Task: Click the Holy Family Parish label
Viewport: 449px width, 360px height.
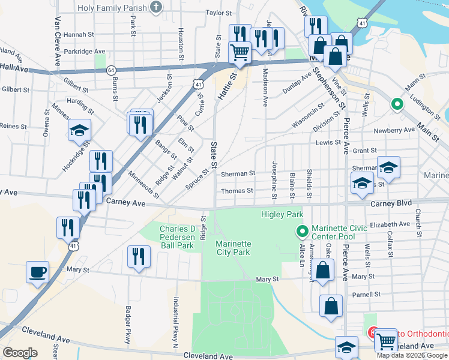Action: tap(113, 7)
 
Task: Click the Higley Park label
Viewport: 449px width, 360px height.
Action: tap(282, 214)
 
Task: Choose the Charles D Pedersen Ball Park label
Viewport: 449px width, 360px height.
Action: tap(176, 237)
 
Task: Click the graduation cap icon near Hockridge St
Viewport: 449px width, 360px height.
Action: tap(79, 131)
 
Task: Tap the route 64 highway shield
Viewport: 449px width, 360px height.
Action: tap(112, 70)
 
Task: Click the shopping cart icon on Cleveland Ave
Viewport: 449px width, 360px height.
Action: tap(385, 341)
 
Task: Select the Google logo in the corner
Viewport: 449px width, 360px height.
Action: tap(20, 353)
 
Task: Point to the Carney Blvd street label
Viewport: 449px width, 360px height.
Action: tap(391, 203)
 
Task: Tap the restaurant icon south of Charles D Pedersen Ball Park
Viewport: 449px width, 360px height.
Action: tap(139, 257)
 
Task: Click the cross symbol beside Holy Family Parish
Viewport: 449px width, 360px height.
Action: tap(156, 7)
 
